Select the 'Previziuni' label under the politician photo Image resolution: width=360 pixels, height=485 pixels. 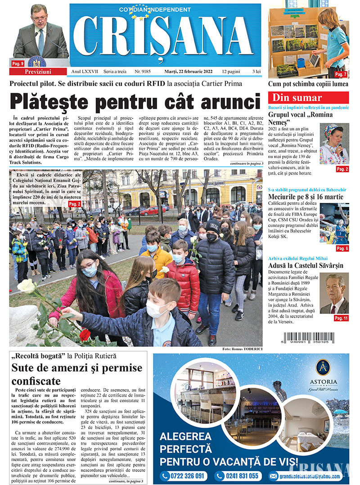coord(38,72)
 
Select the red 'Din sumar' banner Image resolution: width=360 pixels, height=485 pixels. coord(308,98)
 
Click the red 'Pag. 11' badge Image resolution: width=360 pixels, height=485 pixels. coord(341,318)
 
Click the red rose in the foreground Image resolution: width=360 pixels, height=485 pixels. coord(85,335)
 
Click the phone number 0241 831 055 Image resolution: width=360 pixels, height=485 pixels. coord(237,476)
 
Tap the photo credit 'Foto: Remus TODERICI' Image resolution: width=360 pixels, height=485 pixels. coord(242,349)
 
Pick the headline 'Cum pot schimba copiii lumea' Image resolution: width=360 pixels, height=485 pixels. coord(308,84)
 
